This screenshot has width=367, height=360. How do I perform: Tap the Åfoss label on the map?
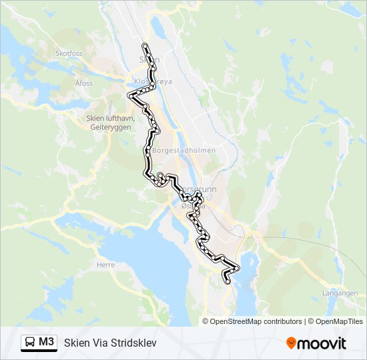pyautogui.click(x=84, y=83)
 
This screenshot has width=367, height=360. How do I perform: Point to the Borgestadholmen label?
pyautogui.click(x=185, y=151)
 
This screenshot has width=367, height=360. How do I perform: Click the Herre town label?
pyautogui.click(x=105, y=265)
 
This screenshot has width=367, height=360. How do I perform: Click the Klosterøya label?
pyautogui.click(x=153, y=81)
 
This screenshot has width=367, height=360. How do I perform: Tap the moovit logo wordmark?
pyautogui.click(x=322, y=343)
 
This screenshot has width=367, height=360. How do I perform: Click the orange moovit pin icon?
pyautogui.click(x=292, y=343)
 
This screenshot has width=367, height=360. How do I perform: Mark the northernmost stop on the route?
pyautogui.click(x=145, y=45)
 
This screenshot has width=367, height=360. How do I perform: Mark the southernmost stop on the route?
pyautogui.click(x=229, y=282)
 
